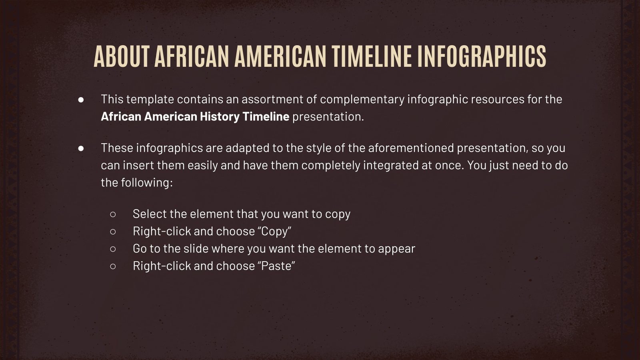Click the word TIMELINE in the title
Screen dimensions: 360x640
(372, 56)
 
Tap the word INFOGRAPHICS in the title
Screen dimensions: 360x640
(482, 56)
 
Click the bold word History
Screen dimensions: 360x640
(220, 116)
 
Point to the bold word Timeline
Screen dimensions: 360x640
(266, 116)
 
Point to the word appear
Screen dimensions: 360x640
(396, 249)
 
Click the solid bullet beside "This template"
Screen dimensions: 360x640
(81, 99)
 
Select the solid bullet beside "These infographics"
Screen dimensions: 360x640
(81, 148)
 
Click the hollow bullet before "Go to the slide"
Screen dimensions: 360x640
(113, 249)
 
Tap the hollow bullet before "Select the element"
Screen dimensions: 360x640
(113, 214)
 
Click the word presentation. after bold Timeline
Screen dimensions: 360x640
(328, 117)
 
